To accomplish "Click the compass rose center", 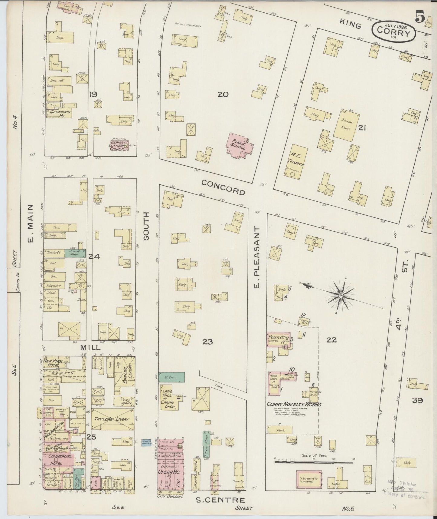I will [341, 296].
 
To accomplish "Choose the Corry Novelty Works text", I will [294, 404].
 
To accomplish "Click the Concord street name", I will [223, 187].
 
